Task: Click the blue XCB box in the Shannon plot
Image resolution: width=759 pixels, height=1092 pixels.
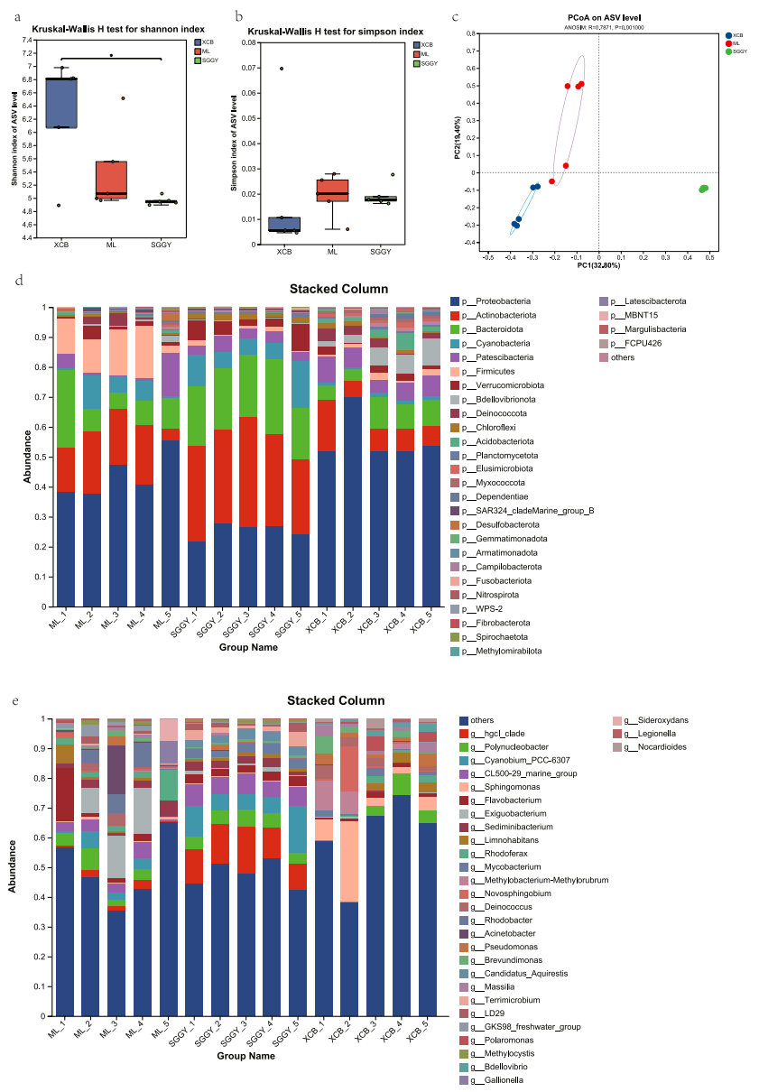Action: [x=61, y=102]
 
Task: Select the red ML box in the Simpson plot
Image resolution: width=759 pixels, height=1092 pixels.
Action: [x=333, y=190]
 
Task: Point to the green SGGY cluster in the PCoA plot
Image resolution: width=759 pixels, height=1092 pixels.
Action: [x=704, y=189]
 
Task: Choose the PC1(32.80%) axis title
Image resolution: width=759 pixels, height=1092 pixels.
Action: [x=598, y=265]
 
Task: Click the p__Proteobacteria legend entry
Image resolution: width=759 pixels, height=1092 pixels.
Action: [x=493, y=301]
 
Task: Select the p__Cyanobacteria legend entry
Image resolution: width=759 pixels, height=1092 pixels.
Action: [x=491, y=343]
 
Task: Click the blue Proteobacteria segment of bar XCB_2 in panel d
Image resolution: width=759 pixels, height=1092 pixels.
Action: [x=352, y=532]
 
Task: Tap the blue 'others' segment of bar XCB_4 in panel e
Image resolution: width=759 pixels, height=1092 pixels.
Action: [x=402, y=902]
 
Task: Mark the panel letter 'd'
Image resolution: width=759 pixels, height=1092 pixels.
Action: [x=20, y=281]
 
